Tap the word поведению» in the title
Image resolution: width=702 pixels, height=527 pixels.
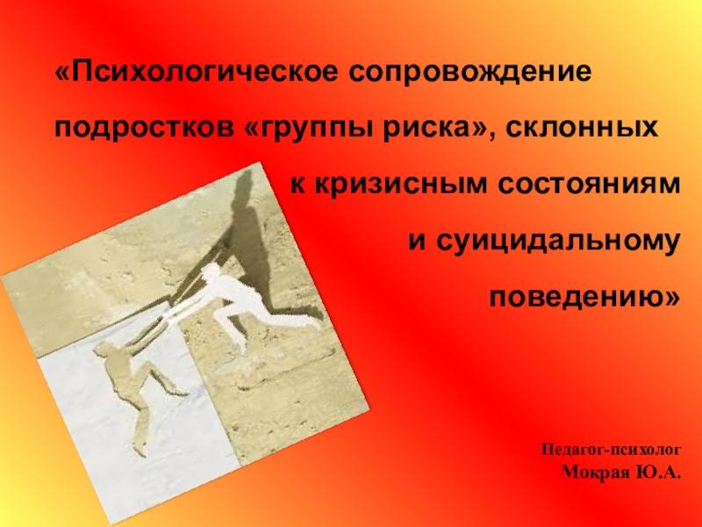tap(584, 298)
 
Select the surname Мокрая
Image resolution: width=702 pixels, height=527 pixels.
tap(592, 472)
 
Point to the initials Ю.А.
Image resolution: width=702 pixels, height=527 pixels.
tap(656, 472)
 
